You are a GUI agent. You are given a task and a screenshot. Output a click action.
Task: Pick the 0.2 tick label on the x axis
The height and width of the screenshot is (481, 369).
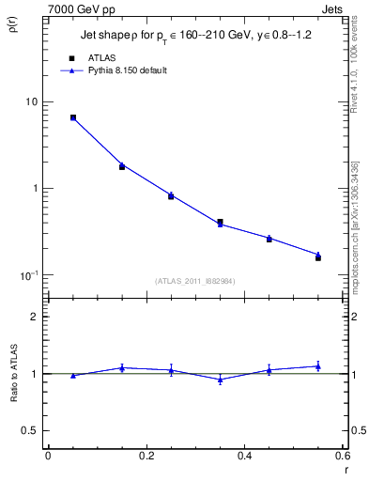pyautogui.click(x=146, y=456)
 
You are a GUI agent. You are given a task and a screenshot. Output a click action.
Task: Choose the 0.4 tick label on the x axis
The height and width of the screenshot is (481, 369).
pyautogui.click(x=244, y=456)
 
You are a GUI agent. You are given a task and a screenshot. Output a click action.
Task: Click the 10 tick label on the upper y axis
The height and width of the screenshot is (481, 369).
pyautogui.click(x=31, y=101)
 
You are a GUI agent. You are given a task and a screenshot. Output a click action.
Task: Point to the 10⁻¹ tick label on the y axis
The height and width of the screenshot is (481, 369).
pyautogui.click(x=29, y=274)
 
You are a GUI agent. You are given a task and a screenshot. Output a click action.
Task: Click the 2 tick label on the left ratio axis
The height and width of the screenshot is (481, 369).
pyautogui.click(x=36, y=317)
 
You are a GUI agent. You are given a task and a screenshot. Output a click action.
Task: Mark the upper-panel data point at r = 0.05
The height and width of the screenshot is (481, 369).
pyautogui.click(x=72, y=117)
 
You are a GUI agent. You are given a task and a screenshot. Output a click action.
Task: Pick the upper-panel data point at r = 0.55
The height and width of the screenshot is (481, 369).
pyautogui.click(x=318, y=256)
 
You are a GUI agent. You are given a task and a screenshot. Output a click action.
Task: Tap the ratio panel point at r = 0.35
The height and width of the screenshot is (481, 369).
pyautogui.click(x=220, y=380)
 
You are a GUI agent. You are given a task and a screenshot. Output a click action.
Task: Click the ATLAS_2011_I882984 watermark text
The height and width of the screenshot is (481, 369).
pyautogui.click(x=194, y=280)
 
